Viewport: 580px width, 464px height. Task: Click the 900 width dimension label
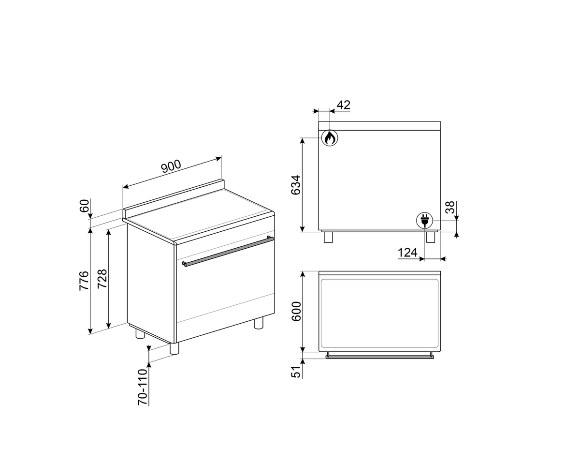pyautogui.click(x=171, y=166)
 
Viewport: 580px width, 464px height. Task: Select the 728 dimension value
pyautogui.click(x=102, y=279)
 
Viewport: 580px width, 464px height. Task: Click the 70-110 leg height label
pyautogui.click(x=143, y=387)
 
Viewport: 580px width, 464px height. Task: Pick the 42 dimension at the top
pyautogui.click(x=344, y=105)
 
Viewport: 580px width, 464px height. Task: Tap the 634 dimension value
pyautogui.click(x=296, y=185)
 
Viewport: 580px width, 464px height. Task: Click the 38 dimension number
pyautogui.click(x=450, y=207)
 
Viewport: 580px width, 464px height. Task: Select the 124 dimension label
pyautogui.click(x=407, y=253)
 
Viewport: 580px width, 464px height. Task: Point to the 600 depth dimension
pyautogui.click(x=296, y=311)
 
